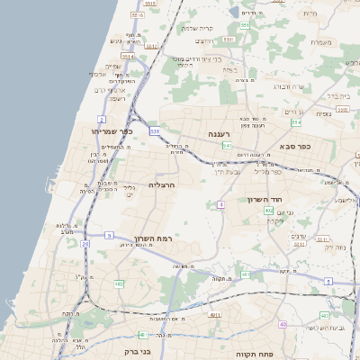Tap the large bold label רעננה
221,134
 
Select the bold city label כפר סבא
294,146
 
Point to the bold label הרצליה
160,184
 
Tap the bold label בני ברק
132,352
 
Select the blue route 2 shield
102,119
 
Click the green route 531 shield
155,131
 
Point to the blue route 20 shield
85,243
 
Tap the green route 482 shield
119,283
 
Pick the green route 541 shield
228,145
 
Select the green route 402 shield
269,211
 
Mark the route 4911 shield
214,315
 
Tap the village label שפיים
112,67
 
